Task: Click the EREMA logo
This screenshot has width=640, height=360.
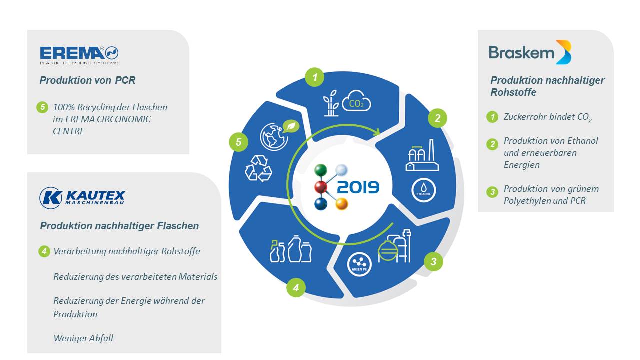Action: (x=79, y=55)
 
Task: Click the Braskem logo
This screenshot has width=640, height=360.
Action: (x=530, y=52)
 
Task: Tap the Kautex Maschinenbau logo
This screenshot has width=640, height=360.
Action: (x=82, y=197)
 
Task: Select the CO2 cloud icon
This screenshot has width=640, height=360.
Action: (x=356, y=101)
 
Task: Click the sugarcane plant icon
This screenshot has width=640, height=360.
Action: (x=331, y=103)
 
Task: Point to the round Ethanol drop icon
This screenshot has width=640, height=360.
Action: (x=423, y=190)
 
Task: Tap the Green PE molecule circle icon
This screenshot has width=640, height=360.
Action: (x=359, y=264)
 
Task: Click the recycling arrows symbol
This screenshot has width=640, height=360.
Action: (x=258, y=168)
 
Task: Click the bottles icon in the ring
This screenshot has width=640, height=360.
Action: (x=291, y=249)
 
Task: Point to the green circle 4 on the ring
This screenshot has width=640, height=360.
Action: (x=296, y=287)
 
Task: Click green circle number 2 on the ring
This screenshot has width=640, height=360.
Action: (x=437, y=118)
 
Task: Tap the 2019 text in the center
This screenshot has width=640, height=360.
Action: (x=358, y=187)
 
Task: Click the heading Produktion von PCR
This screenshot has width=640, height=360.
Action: (x=87, y=80)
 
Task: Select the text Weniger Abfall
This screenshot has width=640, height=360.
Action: (x=83, y=338)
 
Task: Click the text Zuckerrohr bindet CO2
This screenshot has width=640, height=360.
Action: (x=547, y=117)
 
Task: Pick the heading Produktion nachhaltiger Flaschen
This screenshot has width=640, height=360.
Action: (x=119, y=226)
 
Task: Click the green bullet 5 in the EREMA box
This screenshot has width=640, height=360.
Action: (x=42, y=107)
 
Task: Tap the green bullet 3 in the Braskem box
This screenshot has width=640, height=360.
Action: (x=492, y=191)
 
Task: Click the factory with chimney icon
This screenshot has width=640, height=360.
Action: (x=422, y=155)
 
